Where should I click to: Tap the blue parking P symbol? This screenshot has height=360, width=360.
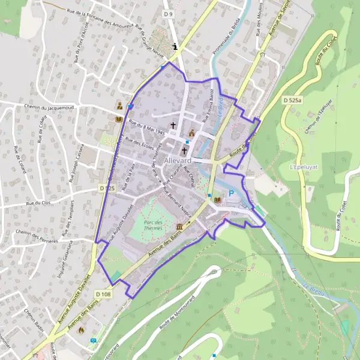tap(230, 194)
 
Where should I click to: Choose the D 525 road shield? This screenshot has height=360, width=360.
tap(106, 188)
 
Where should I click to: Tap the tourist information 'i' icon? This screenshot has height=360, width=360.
tap(175, 46)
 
